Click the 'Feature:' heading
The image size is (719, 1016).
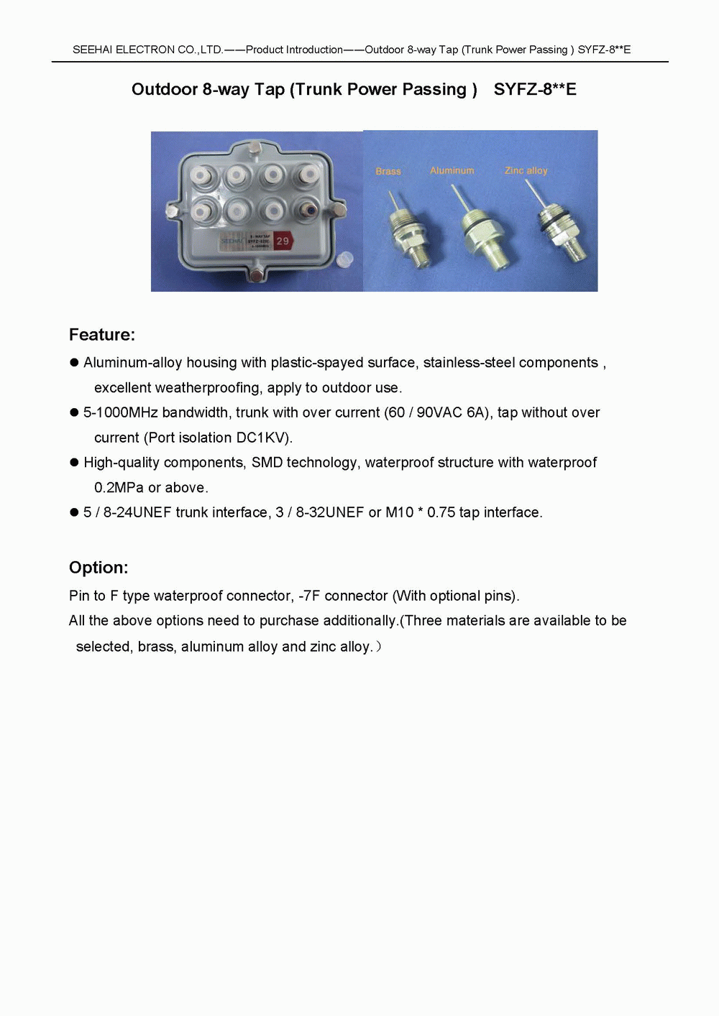pos(101,335)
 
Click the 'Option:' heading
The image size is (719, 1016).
pos(99,568)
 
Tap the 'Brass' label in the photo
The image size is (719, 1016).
pos(388,171)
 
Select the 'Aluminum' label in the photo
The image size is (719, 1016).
pos(452,170)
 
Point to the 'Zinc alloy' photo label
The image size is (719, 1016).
pos(526,170)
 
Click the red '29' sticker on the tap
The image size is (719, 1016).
pos(283,241)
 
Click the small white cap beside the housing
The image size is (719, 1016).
pos(347,259)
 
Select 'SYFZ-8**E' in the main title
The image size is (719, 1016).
pos(535,90)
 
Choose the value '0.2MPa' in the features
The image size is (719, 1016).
pos(119,488)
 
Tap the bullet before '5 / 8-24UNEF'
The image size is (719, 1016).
pos(73,512)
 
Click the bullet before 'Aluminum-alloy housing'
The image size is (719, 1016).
pos(73,363)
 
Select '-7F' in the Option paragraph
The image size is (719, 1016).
pos(310,596)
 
